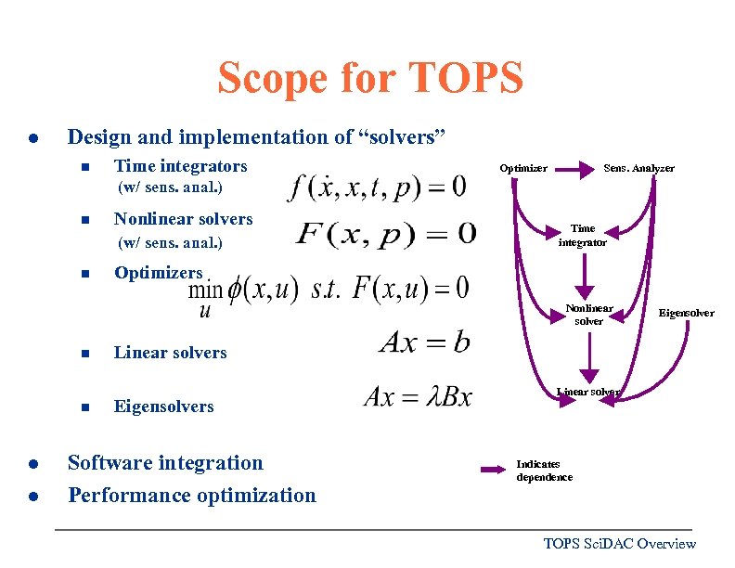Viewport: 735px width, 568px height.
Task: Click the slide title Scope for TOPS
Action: (369, 78)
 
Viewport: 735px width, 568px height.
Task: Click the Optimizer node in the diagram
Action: (523, 168)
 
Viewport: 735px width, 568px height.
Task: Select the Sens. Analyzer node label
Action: (639, 168)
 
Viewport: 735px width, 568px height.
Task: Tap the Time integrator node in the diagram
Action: (583, 235)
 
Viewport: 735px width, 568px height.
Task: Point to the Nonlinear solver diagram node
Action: (589, 314)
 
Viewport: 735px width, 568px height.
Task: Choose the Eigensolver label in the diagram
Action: (686, 313)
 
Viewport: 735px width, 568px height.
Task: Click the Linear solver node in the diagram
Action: (588, 392)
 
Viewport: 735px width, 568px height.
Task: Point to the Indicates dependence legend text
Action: (544, 471)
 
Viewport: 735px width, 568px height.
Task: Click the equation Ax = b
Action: (424, 342)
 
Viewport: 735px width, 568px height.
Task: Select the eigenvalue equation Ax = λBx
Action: (418, 397)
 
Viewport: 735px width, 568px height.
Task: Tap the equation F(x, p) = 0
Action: (385, 232)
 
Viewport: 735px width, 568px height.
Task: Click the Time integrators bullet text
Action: (180, 166)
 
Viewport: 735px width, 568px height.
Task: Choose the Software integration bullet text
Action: (165, 462)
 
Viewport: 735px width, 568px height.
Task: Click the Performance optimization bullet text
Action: (191, 495)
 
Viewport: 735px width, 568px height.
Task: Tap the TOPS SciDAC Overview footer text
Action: (619, 544)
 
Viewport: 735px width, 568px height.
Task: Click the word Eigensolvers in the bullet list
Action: (163, 407)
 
